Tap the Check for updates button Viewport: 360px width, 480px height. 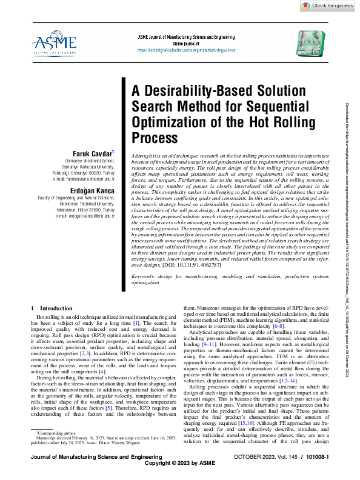tap(332, 5)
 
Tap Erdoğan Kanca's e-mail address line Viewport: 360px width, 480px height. tap(84, 215)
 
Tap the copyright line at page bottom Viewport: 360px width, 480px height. tap(179, 472)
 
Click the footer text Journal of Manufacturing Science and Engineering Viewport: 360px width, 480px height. tap(84, 465)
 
